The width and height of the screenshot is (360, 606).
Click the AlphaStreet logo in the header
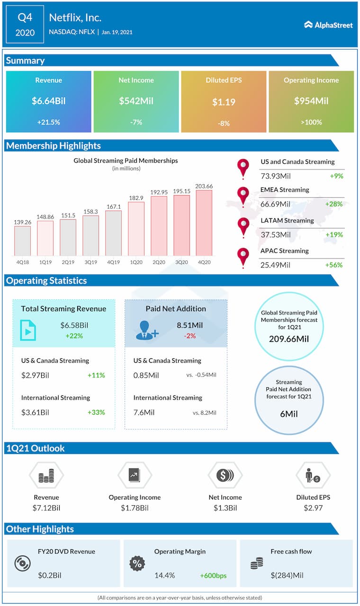(329, 25)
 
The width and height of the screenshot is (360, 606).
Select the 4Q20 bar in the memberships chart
(204, 222)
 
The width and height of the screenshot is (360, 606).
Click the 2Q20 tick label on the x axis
(159, 262)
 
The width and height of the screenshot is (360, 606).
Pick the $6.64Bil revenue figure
(48, 101)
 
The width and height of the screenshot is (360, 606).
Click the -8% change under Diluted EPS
(224, 123)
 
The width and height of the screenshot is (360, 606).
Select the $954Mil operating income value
(311, 101)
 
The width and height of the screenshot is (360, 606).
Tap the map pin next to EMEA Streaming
(243, 195)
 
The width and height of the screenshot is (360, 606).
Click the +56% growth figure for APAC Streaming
(334, 265)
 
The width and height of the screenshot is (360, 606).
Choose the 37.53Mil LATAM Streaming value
(275, 234)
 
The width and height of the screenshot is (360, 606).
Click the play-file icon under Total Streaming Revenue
(28, 330)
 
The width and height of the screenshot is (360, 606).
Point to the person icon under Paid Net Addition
(147, 330)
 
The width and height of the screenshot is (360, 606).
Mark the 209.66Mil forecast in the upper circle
(289, 339)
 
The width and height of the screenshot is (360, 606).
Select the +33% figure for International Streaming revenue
(96, 412)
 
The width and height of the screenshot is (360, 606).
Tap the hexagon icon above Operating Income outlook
(135, 475)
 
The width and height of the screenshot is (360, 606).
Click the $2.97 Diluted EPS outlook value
(313, 508)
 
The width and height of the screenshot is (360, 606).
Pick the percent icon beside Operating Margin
(137, 563)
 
